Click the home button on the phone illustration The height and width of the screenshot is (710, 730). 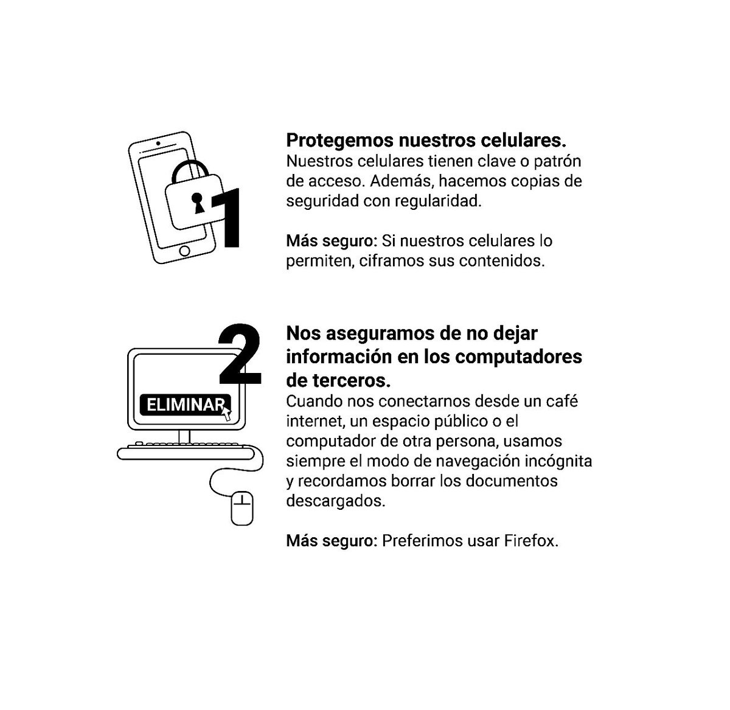185,250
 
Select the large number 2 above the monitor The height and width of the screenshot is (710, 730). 238,355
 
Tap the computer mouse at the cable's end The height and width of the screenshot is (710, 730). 242,508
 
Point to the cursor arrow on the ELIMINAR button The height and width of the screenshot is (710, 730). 227,414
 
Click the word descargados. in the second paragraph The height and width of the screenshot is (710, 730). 335,501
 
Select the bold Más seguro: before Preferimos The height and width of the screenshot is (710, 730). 332,541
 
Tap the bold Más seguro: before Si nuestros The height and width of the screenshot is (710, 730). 332,241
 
